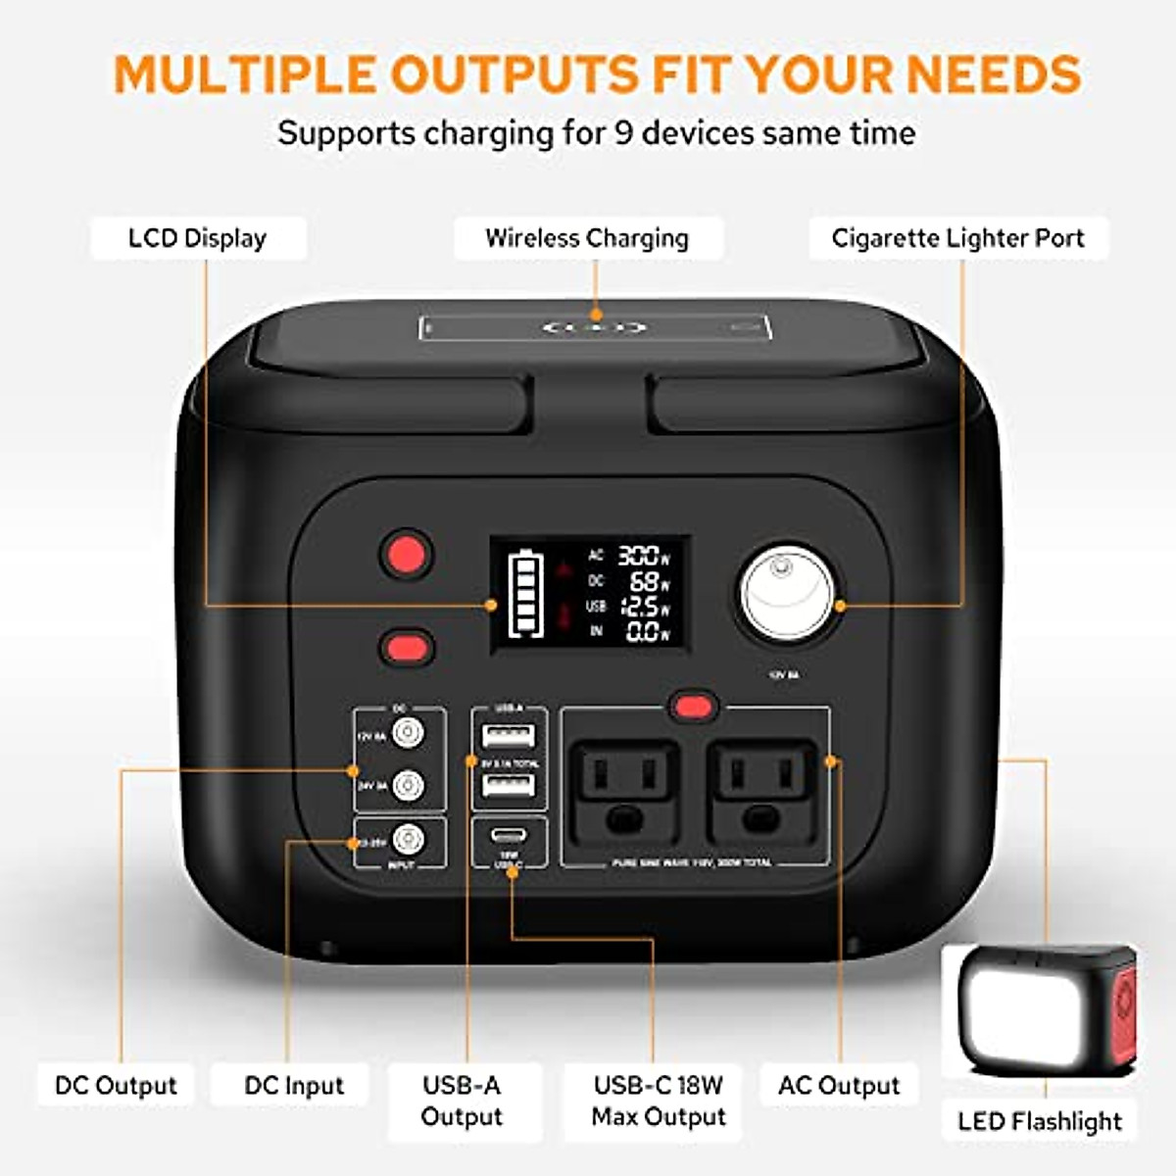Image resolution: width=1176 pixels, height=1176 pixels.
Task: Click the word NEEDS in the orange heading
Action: pos(993,74)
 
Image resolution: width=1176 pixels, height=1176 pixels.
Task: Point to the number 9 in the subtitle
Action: pos(622,133)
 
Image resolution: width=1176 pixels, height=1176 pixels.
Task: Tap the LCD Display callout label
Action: pos(198,238)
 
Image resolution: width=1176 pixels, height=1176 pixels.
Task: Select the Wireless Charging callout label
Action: pos(587,238)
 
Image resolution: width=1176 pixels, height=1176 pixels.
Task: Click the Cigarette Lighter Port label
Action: pos(957,238)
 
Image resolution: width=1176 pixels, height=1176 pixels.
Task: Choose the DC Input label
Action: pos(294,1086)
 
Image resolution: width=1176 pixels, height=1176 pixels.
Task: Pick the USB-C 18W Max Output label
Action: pos(659,1101)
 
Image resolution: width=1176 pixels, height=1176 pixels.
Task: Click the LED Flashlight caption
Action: pos(1040,1121)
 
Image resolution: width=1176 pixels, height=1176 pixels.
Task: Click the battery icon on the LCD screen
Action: pos(524,594)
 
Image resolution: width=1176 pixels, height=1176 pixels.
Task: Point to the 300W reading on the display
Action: pos(643,556)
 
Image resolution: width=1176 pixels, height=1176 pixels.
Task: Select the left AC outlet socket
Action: pos(624,791)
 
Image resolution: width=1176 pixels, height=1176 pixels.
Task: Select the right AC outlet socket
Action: pos(762,791)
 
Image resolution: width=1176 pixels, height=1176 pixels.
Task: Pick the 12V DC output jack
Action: pos(407,732)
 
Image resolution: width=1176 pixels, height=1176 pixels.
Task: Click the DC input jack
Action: pos(407,840)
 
